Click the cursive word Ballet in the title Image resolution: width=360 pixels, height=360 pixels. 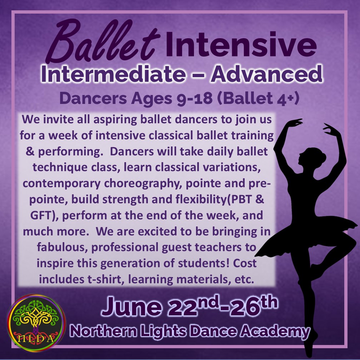click(102, 41)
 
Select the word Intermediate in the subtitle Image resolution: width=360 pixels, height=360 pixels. click(113, 74)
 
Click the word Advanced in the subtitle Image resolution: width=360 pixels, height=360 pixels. click(266, 74)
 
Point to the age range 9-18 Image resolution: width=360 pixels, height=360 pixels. click(194, 98)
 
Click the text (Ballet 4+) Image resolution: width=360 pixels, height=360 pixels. click(258, 99)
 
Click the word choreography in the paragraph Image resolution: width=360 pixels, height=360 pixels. click(143, 184)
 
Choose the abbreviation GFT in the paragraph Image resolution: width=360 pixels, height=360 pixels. click(41, 215)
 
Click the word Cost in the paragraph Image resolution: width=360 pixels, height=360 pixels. click(245, 263)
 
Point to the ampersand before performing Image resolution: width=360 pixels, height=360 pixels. click(30, 151)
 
